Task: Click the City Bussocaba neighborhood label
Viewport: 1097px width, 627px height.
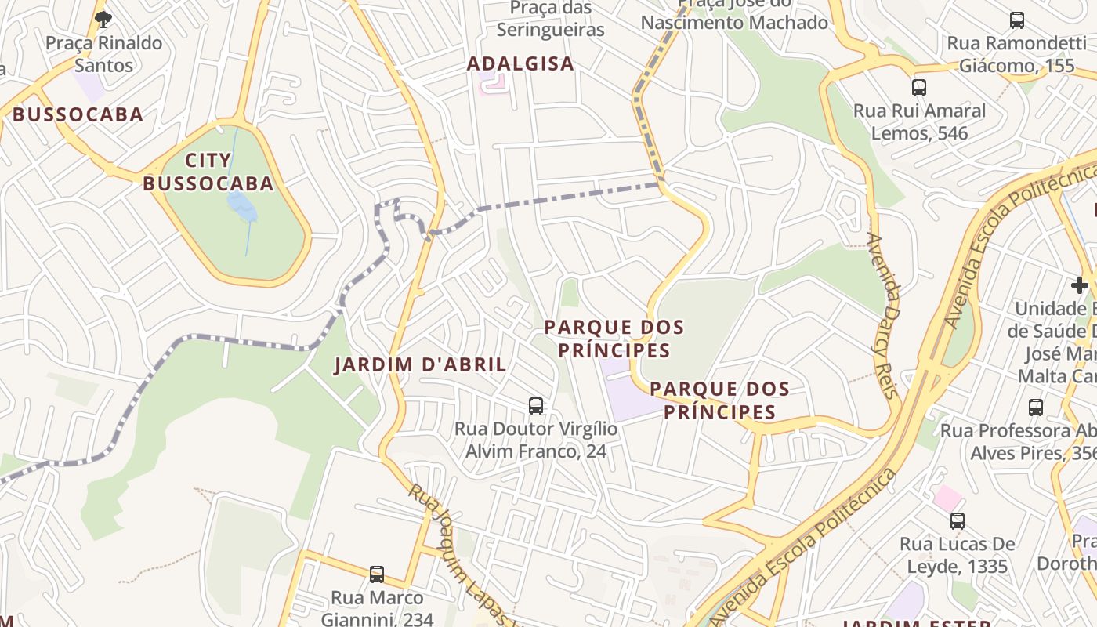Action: tap(208, 172)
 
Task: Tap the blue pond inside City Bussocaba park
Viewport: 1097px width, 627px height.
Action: tap(241, 207)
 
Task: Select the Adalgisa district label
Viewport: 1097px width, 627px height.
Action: tap(520, 63)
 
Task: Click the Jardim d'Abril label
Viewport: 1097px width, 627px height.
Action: tap(420, 364)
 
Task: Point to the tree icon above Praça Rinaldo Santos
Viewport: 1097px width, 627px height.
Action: tap(103, 19)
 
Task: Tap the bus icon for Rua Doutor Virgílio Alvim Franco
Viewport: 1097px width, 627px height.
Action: tap(536, 406)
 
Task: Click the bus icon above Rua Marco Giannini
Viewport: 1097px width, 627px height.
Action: tap(377, 574)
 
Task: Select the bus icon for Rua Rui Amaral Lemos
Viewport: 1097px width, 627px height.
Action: tap(919, 88)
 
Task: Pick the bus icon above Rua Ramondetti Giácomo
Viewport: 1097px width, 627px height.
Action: tap(1017, 20)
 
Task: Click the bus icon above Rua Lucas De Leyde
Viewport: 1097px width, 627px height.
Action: tap(957, 521)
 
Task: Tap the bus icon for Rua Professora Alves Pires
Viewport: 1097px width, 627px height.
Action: tap(1036, 408)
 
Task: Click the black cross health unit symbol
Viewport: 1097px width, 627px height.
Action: tap(1080, 285)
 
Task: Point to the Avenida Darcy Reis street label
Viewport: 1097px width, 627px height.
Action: tap(882, 316)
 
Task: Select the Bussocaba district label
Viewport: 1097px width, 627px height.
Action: tap(78, 114)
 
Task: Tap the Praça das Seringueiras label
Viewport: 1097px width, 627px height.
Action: tap(551, 19)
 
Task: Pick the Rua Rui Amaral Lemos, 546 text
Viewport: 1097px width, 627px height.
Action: tap(920, 121)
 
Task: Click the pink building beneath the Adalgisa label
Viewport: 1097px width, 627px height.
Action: tap(493, 84)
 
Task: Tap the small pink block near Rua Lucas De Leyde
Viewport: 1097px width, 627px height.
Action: tap(947, 497)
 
